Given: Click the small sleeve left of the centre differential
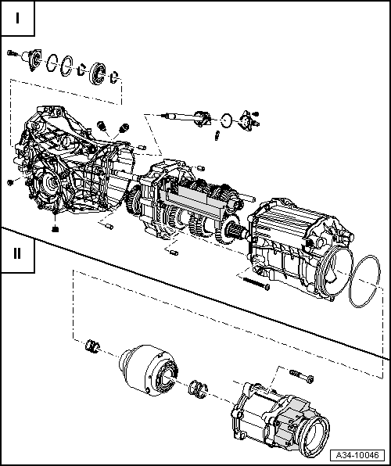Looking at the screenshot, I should click(92, 346).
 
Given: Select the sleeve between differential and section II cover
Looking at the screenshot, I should click(199, 389).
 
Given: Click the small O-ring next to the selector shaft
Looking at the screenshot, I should click(226, 120).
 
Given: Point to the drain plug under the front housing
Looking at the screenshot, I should click(56, 228).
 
